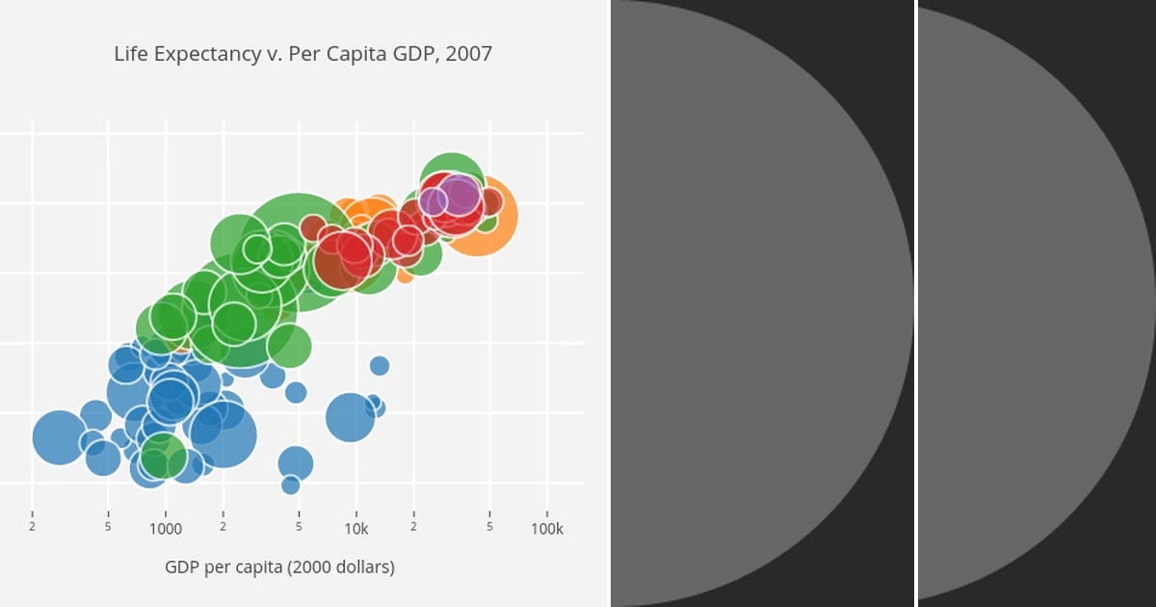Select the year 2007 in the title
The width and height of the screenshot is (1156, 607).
[x=469, y=54]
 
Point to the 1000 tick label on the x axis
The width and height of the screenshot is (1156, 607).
[x=166, y=529]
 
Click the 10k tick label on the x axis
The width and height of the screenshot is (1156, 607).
[x=356, y=529]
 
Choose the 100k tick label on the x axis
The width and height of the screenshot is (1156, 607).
[x=547, y=529]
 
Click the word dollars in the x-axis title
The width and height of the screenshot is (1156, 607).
[x=361, y=567]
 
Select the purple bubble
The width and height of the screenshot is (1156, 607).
[x=460, y=196]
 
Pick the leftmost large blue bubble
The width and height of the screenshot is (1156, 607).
[x=59, y=436]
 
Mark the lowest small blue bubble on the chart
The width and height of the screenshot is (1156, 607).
[x=291, y=485]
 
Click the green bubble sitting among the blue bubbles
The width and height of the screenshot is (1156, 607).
[x=162, y=455]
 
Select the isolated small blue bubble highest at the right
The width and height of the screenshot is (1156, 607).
[x=380, y=365]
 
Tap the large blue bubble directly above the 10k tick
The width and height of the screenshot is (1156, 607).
[x=349, y=417]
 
